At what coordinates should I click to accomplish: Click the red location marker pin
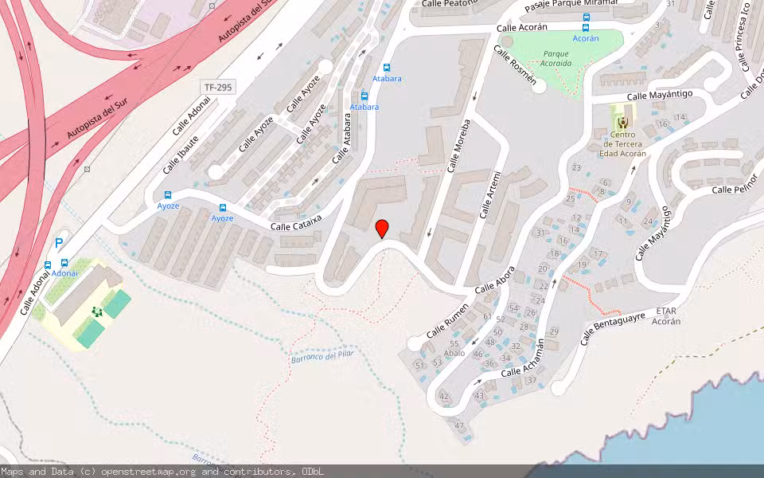[x=382, y=229]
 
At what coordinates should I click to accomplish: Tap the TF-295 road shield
[x=218, y=87]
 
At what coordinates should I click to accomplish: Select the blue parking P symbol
[x=59, y=243]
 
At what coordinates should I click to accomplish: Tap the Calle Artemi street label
[x=490, y=195]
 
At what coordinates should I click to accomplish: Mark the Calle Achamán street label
[x=523, y=360]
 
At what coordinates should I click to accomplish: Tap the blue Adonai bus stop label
[x=64, y=273]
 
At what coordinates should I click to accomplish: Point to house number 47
[x=458, y=426]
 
